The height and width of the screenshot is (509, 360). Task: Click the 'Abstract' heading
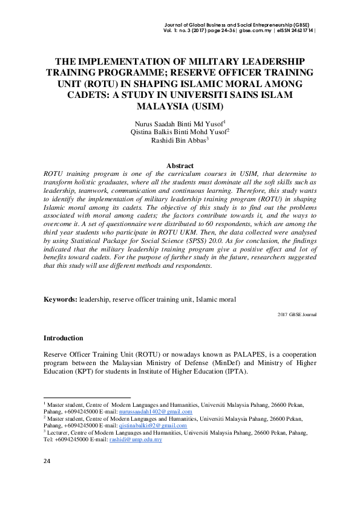(180, 166)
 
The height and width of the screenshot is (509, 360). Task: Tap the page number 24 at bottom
(47, 461)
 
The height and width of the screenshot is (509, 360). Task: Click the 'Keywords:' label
(60, 299)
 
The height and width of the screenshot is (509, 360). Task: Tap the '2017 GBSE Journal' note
(296, 315)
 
